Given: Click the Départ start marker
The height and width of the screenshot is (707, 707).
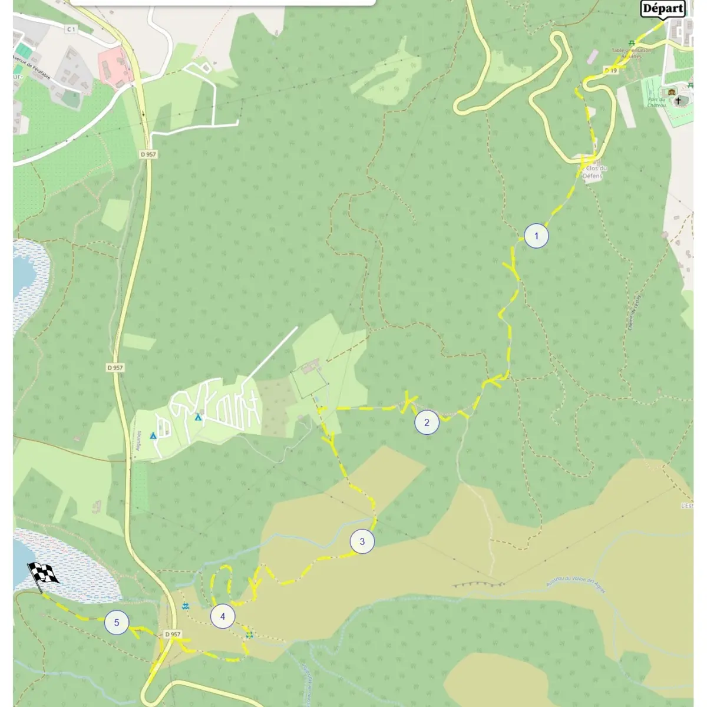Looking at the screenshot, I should tap(663, 9).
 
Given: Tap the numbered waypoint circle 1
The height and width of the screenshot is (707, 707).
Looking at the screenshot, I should tap(536, 236).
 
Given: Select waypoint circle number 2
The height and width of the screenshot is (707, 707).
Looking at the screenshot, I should tap(427, 422).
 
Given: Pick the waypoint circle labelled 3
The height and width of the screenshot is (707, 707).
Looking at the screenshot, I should tap(362, 541).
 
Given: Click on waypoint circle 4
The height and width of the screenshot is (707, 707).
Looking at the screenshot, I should tap(223, 617).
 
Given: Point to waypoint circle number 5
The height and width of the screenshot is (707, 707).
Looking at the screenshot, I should tap(117, 623).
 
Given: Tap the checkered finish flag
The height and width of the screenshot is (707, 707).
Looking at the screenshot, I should tap(43, 574).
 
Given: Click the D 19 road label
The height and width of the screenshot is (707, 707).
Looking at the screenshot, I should tap(610, 71).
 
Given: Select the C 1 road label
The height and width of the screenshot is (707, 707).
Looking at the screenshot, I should tap(71, 29).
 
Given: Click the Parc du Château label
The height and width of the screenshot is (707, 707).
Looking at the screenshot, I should tap(656, 102).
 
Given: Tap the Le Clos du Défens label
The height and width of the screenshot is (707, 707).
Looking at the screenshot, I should tap(593, 171).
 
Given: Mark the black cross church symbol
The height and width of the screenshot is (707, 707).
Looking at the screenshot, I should tap(678, 101).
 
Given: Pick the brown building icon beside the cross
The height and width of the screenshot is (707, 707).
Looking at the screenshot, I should tap(670, 92).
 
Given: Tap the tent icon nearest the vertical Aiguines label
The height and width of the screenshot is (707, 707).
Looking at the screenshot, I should tap(153, 435).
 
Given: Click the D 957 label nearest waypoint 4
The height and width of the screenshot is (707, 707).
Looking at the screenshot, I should tap(172, 634).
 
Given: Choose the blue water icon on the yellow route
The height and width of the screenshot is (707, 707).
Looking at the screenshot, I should tap(249, 635).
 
